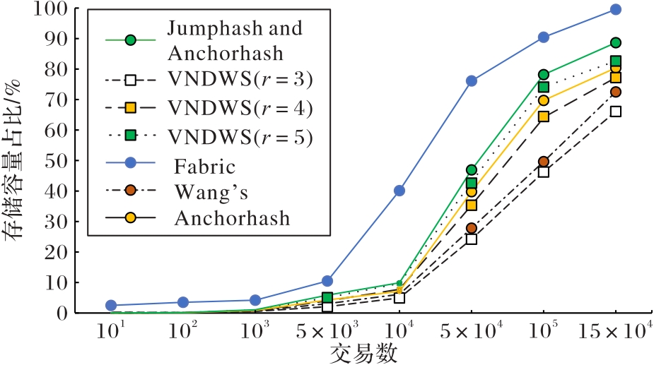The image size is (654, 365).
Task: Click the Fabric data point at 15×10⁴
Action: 615,9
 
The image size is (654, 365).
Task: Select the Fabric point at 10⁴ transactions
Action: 399,191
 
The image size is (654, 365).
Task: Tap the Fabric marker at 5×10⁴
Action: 472,81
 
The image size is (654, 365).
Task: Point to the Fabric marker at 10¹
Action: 111,305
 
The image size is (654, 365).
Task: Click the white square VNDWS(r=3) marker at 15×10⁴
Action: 615,112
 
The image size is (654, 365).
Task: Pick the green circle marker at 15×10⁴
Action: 615,43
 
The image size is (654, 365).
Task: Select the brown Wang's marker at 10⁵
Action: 543,162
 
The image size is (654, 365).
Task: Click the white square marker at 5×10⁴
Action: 472,239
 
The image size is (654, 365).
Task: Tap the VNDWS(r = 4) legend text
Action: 240,109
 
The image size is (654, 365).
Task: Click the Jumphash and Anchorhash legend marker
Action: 130,40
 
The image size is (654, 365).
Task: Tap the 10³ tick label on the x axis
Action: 255,331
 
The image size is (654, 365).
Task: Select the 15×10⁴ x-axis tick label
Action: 615,331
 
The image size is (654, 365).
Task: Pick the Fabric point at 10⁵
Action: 543,37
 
